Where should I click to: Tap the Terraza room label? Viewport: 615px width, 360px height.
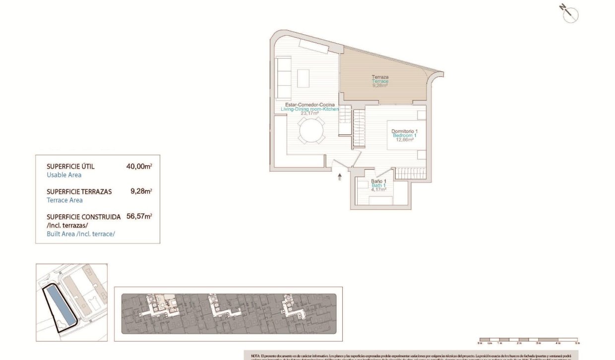pyautogui.click(x=380, y=77)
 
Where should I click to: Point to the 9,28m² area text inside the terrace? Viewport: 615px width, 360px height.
pyautogui.click(x=380, y=85)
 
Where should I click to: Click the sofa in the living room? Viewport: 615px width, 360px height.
pyautogui.click(x=284, y=78)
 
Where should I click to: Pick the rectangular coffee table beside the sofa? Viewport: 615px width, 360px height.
pyautogui.click(x=304, y=78)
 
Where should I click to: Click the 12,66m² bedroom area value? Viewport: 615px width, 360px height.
pyautogui.click(x=404, y=140)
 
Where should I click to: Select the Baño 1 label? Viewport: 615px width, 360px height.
pyautogui.click(x=378, y=181)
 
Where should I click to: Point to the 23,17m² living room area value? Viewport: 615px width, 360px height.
pyautogui.click(x=309, y=113)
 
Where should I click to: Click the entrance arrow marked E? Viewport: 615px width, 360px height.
pyautogui.click(x=340, y=176)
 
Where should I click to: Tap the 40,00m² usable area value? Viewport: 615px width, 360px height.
pyautogui.click(x=139, y=167)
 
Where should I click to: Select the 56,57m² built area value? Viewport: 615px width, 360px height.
pyautogui.click(x=139, y=216)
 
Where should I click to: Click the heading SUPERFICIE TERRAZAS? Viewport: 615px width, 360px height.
pyautogui.click(x=79, y=191)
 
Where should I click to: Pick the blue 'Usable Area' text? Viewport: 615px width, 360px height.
pyautogui.click(x=64, y=175)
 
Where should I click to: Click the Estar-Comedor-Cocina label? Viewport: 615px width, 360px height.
pyautogui.click(x=309, y=105)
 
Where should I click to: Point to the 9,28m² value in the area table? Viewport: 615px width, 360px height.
pyautogui.click(x=141, y=190)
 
